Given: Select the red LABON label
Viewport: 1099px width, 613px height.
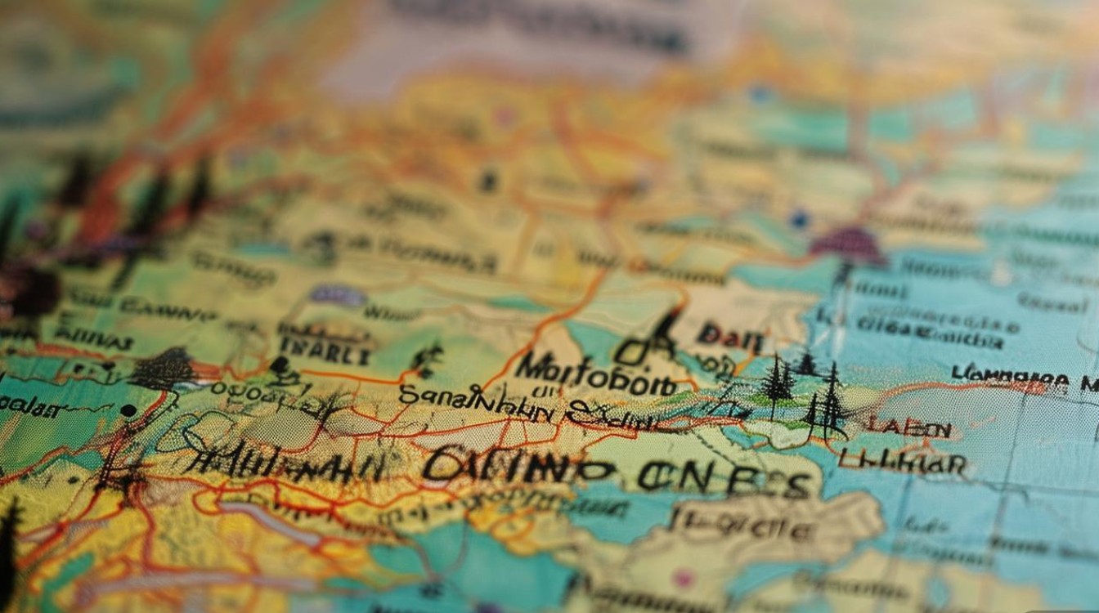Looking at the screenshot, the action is (x=908, y=428).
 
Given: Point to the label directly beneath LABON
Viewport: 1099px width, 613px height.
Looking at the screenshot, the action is (x=903, y=463).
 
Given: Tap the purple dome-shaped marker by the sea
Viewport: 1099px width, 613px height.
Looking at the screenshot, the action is (x=847, y=245).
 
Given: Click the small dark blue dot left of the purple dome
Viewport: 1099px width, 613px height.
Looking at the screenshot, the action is (x=799, y=219).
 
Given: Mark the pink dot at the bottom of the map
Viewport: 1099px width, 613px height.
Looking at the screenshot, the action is (x=682, y=579).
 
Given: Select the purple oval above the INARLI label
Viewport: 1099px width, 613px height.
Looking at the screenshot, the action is (x=337, y=296).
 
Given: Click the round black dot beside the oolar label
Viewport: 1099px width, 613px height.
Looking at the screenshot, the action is (x=128, y=409).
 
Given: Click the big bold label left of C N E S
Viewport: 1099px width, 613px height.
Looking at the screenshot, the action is (x=518, y=466).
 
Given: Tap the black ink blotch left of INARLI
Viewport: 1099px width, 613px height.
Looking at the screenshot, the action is (x=161, y=369).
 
